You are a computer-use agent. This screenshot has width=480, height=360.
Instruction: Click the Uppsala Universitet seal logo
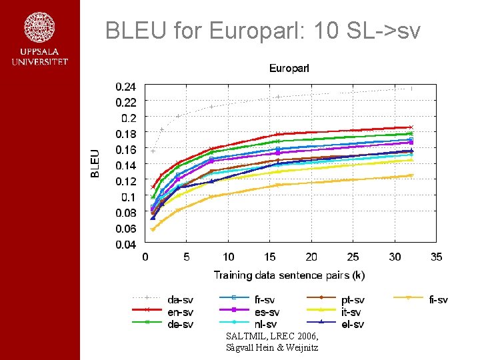(x=39, y=28)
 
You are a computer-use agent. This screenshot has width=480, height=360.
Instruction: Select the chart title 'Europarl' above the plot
(x=289, y=68)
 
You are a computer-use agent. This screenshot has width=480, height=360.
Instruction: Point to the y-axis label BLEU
(x=95, y=163)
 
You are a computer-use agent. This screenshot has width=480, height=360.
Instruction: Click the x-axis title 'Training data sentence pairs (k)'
(x=289, y=275)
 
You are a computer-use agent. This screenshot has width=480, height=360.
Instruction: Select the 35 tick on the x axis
(x=436, y=257)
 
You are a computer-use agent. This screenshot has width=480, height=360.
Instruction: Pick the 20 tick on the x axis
(x=311, y=257)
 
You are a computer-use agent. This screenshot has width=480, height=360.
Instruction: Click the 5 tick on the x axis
(x=187, y=257)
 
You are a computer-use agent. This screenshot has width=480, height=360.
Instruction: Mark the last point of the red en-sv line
(x=411, y=127)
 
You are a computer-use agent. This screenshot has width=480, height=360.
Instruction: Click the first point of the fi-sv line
(x=153, y=229)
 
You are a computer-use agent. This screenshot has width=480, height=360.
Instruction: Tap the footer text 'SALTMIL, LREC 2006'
(x=267, y=337)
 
